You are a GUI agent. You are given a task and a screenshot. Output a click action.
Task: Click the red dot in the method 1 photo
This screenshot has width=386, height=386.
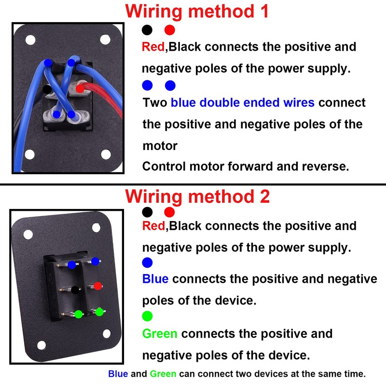[80, 88]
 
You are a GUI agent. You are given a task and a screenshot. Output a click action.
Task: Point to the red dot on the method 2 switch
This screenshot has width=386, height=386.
[97, 286]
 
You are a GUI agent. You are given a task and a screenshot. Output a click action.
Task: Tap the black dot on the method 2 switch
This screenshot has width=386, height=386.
[75, 290]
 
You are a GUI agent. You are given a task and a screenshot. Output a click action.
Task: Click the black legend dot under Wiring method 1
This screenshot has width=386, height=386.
[147, 30]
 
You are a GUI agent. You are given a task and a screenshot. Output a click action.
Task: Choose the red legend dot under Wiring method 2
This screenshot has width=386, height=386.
[169, 212]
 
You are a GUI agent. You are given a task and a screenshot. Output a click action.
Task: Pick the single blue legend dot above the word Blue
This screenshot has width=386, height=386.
[148, 262]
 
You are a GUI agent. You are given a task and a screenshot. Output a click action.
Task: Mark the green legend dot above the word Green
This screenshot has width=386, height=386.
[148, 316]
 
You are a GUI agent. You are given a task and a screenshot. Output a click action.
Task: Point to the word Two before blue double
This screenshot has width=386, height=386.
[155, 102]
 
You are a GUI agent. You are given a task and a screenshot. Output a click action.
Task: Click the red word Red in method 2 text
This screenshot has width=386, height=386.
[153, 226]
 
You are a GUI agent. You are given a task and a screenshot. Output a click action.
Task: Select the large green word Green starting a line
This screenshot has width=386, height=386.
[160, 333]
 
